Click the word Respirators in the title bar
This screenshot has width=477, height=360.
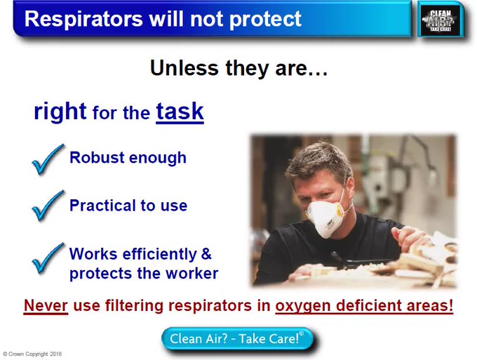(x=83, y=19)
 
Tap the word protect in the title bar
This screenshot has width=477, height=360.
(x=265, y=19)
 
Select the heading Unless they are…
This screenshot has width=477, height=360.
(x=238, y=67)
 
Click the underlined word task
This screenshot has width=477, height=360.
(x=180, y=112)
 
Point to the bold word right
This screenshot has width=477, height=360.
(x=60, y=112)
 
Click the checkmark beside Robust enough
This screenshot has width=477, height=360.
(x=48, y=159)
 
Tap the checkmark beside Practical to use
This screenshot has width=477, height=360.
(x=48, y=206)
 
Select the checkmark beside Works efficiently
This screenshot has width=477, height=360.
(x=48, y=258)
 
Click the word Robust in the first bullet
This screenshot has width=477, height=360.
(x=97, y=157)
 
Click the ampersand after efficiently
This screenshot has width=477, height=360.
(x=206, y=253)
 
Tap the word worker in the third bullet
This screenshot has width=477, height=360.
(x=192, y=273)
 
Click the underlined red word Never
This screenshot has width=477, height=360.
(x=46, y=305)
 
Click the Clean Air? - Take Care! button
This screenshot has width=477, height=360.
(x=237, y=339)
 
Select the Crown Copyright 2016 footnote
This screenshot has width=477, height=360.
(x=32, y=354)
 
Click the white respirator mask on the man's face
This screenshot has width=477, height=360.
(x=325, y=217)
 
